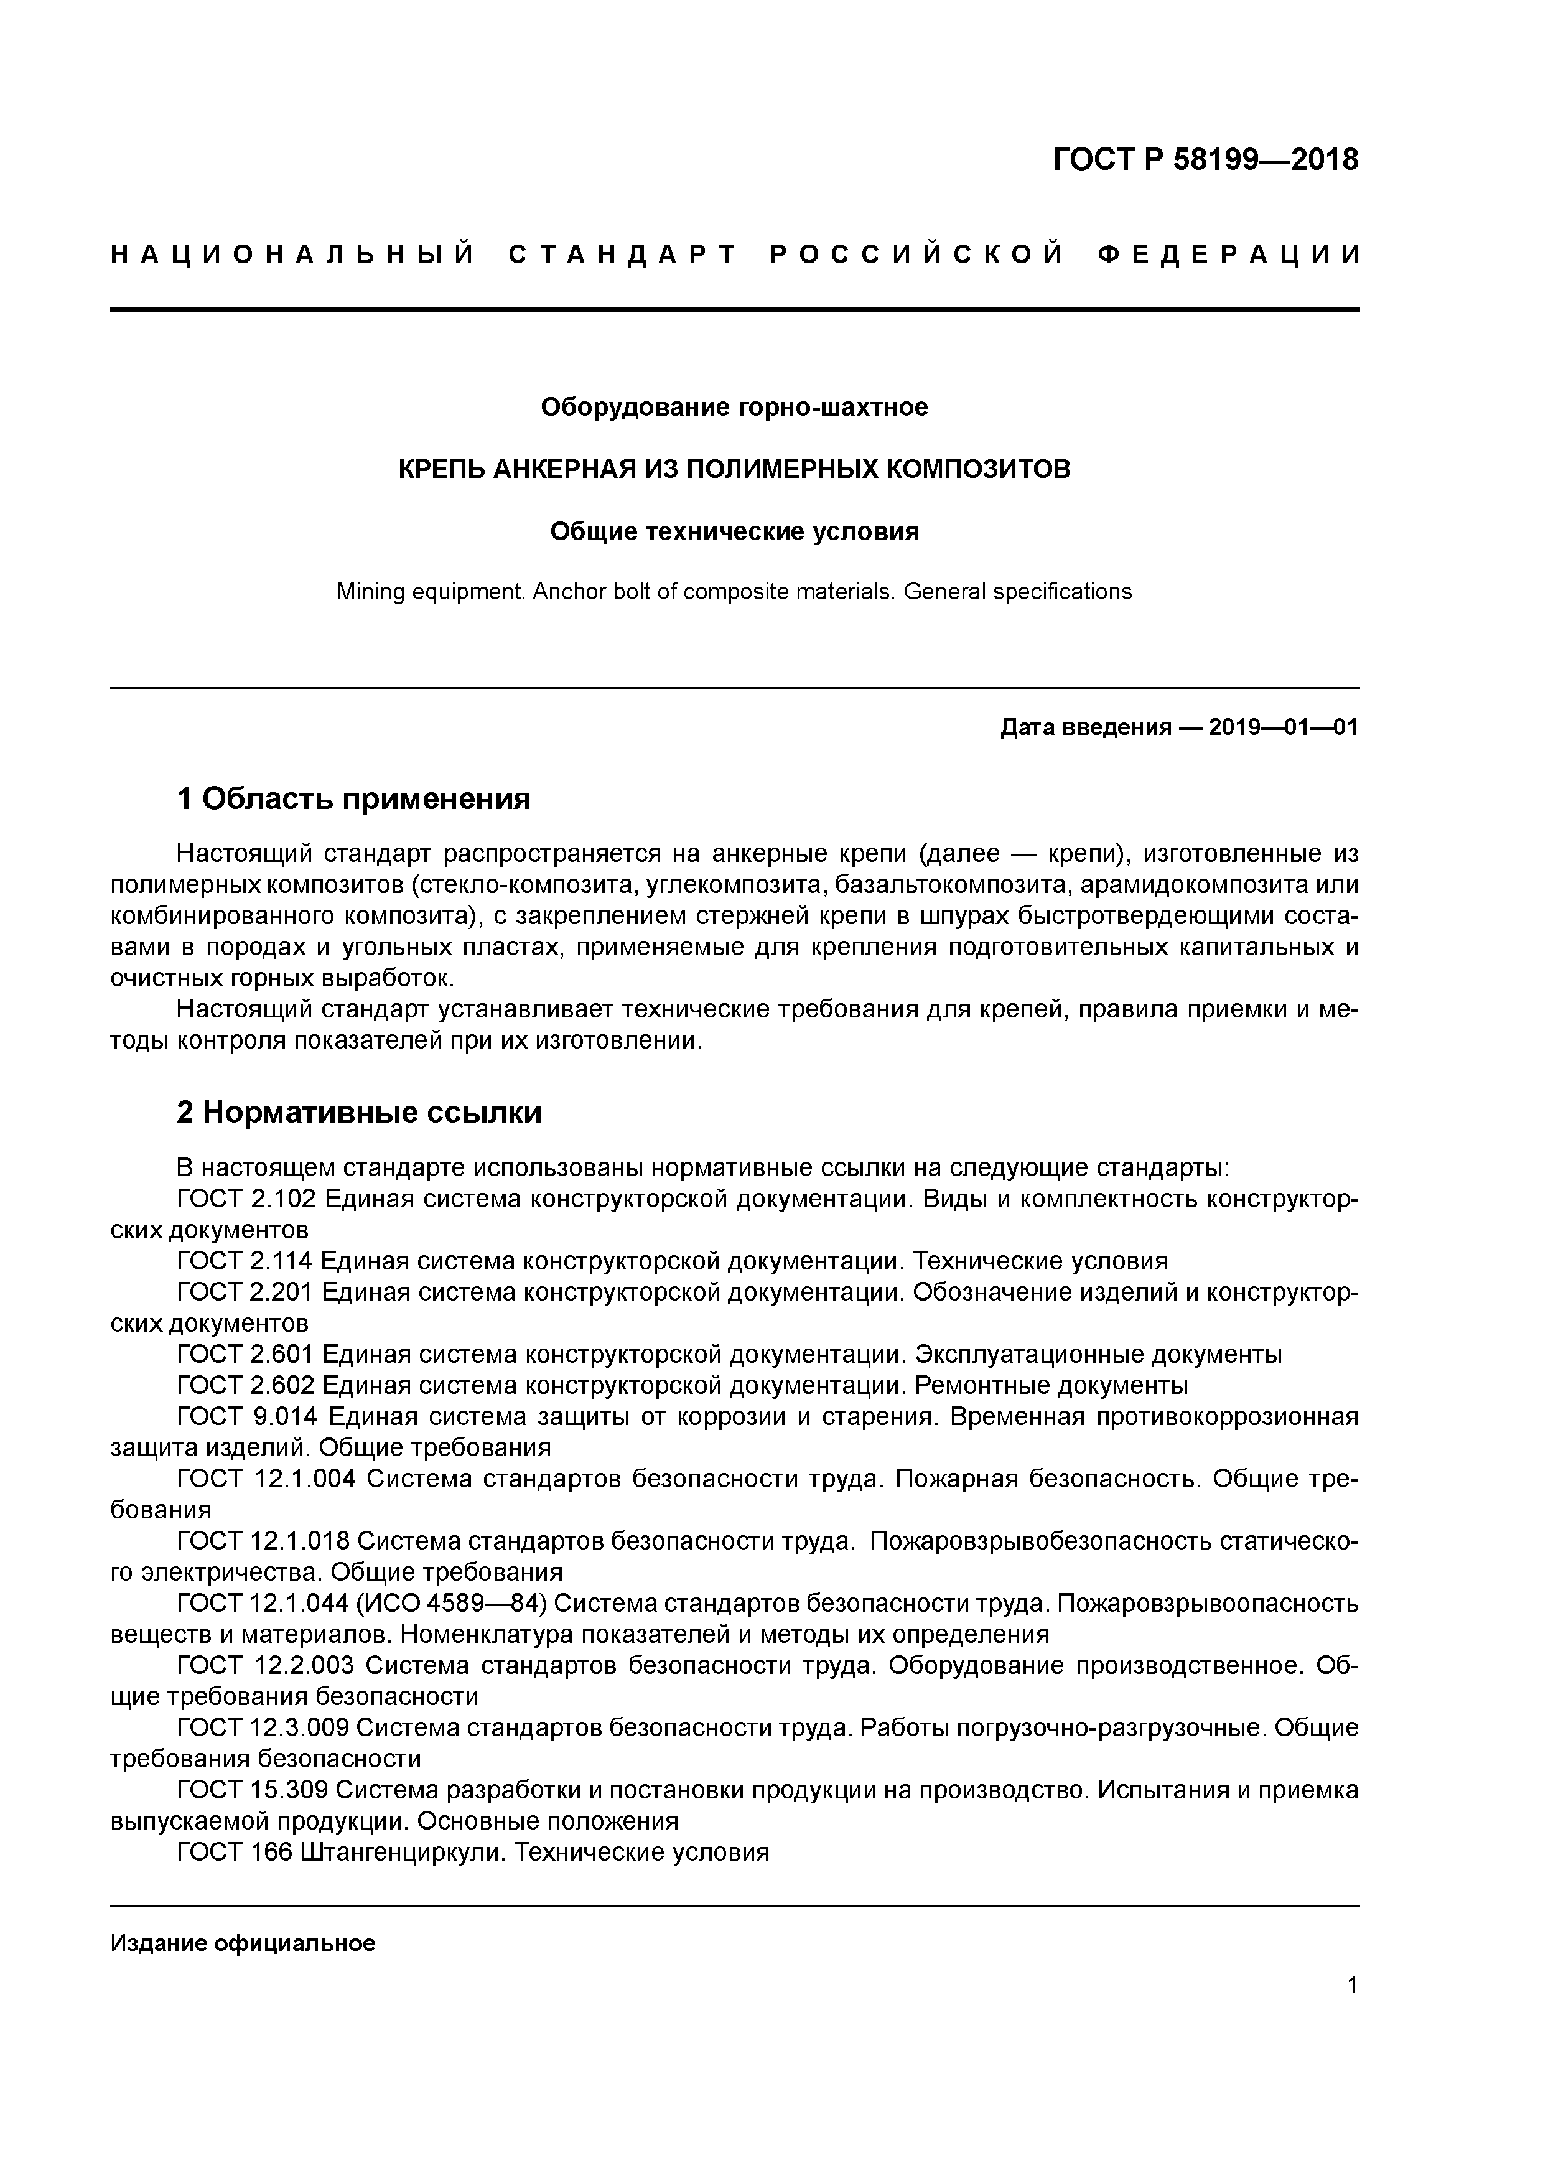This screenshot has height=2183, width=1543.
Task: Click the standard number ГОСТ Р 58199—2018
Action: (x=1206, y=160)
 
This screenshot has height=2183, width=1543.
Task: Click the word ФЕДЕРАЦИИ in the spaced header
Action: (x=1228, y=255)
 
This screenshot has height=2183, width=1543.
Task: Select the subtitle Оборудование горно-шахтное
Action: (x=734, y=407)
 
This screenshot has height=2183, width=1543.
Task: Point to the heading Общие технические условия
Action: (x=734, y=531)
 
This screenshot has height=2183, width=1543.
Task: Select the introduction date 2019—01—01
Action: (x=1284, y=727)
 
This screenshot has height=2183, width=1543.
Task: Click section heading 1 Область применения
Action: (x=353, y=798)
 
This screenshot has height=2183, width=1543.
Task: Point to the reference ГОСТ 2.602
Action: (x=246, y=1385)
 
